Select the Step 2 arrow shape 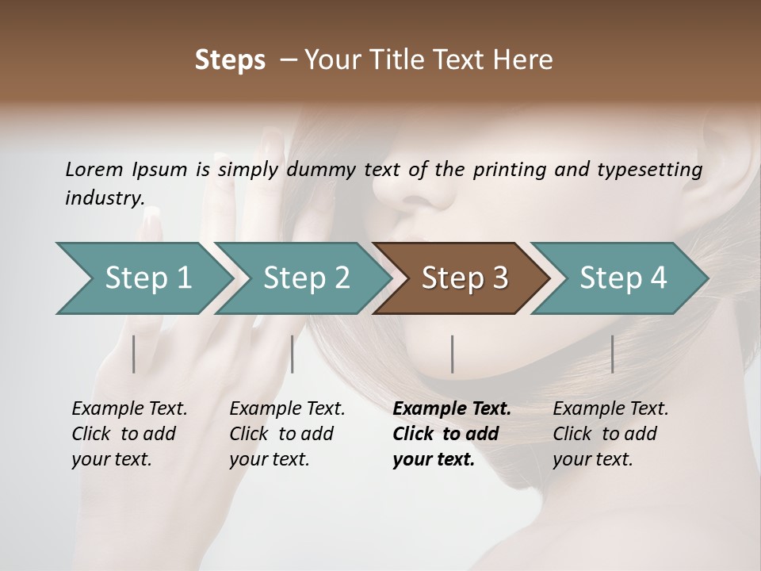[x=305, y=278]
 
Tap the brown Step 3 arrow [x=464, y=278]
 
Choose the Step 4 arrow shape [x=622, y=278]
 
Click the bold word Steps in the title [x=230, y=60]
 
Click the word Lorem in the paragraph [x=94, y=169]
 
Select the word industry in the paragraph [x=105, y=197]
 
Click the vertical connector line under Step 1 [x=134, y=354]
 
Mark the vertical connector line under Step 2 [x=293, y=354]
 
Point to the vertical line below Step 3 [x=453, y=354]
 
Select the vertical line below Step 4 [x=613, y=354]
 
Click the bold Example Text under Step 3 [x=452, y=409]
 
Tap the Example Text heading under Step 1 [x=129, y=409]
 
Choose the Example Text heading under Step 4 [x=610, y=409]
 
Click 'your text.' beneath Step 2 [x=269, y=459]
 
